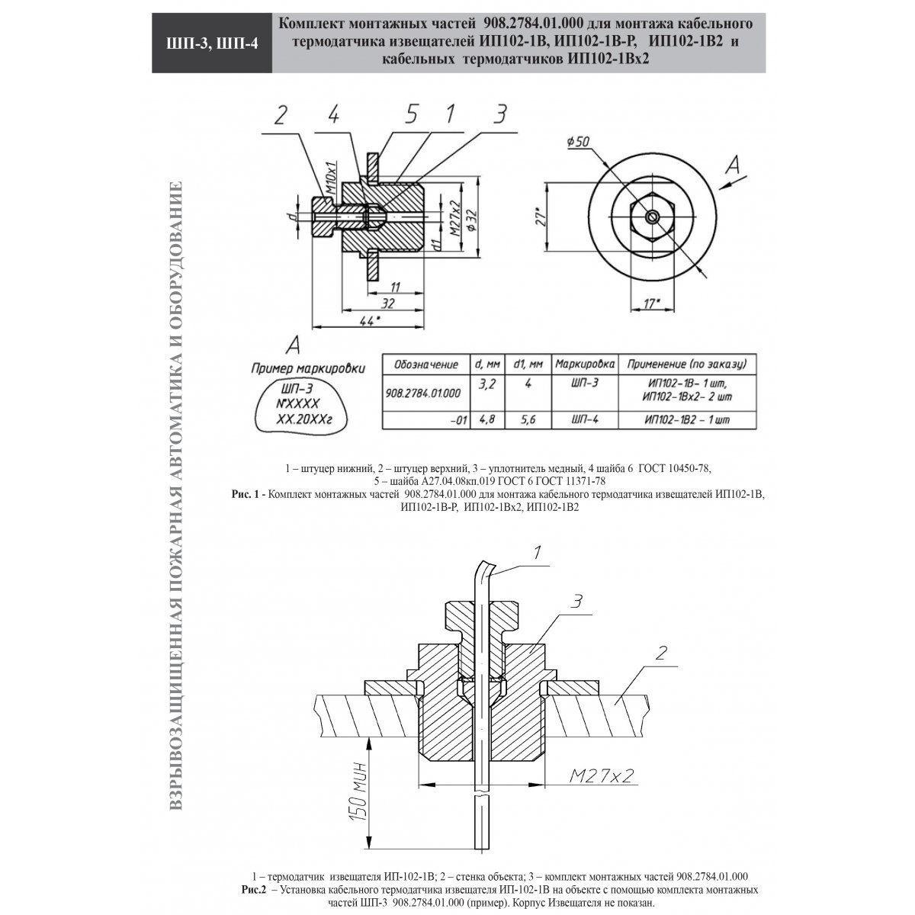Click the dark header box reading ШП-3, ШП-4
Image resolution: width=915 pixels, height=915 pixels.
212,43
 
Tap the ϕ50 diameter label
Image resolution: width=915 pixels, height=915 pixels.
578,142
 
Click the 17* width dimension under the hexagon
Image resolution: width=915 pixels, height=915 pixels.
653,303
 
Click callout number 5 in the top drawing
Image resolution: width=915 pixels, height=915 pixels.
411,114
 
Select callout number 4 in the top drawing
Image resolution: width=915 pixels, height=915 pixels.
333,114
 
